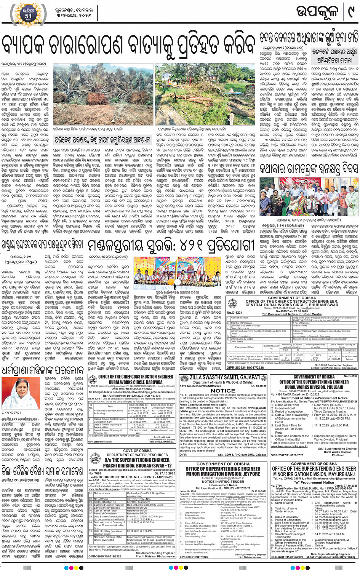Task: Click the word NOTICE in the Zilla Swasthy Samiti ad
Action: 223,391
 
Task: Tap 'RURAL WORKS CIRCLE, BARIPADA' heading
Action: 130,382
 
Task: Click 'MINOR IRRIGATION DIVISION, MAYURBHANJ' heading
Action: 314,474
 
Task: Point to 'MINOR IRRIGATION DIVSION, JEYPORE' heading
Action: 223,474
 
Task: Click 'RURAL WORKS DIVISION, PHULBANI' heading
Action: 314,387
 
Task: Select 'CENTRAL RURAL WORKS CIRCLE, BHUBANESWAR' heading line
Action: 292,305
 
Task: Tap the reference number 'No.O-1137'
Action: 350,376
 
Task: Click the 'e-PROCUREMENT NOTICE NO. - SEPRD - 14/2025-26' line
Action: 131,477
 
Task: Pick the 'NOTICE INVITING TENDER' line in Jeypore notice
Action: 223,482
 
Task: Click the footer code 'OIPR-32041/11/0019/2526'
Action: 287,557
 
